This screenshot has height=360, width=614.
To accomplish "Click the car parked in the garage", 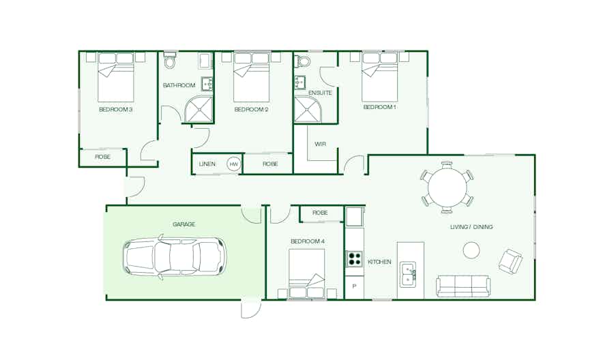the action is (x=175, y=257).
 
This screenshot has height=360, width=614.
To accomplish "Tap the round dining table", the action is (x=447, y=187).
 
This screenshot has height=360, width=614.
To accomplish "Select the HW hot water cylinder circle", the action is (x=233, y=164).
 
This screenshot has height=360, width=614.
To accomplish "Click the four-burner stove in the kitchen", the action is (x=354, y=259).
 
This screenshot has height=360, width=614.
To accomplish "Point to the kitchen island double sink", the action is (x=408, y=274).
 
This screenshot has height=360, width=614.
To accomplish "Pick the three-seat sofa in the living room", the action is (x=463, y=286).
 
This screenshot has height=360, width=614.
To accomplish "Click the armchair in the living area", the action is (x=510, y=261).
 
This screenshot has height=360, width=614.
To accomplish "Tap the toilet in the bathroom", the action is (x=170, y=60).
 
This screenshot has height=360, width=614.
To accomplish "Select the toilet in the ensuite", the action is (x=302, y=60).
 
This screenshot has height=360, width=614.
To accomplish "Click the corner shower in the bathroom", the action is (x=199, y=109).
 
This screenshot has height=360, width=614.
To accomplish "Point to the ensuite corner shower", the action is (x=308, y=109).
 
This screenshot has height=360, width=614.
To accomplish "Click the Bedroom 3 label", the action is (x=115, y=110).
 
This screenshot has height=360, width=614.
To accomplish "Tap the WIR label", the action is (x=320, y=144).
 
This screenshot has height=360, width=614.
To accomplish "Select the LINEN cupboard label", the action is (x=207, y=164).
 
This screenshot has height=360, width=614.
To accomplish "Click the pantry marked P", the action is (x=354, y=287).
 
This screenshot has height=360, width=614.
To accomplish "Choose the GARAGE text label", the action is (x=184, y=224).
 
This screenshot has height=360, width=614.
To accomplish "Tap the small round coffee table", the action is (x=471, y=250).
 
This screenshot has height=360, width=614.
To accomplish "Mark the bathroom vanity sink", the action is (x=207, y=84).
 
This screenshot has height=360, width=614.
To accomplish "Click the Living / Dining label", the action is (x=471, y=227).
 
